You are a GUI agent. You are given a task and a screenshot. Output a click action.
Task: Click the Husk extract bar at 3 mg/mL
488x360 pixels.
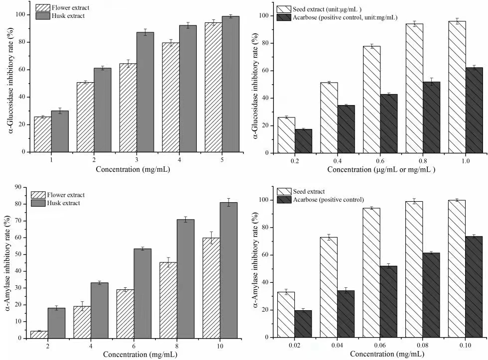(145, 92)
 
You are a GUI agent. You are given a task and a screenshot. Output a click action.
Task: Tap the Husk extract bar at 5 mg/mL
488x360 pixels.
(231, 84)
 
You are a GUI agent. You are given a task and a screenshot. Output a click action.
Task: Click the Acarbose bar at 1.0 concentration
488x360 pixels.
(474, 110)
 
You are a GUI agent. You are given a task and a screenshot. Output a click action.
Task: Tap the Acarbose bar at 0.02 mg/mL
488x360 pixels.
(303, 324)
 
